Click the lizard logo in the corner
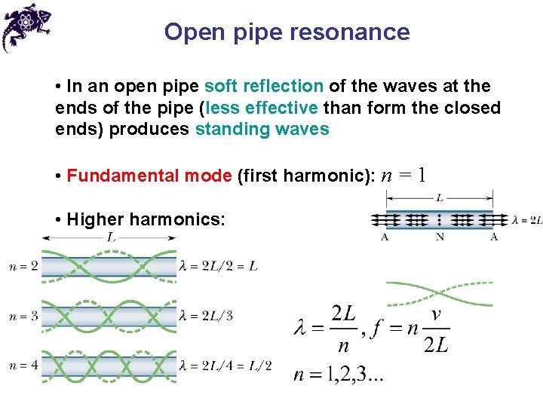coord(25,25)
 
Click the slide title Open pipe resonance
coord(287,32)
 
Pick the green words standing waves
coord(262,129)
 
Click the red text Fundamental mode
coord(149,176)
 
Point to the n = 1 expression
coord(404,176)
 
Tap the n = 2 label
coord(23,266)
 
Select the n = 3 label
coord(23,316)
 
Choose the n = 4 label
coord(23,366)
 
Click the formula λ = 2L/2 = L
coord(219,266)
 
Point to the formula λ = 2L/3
coord(206,316)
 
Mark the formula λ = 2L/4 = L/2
coord(225,366)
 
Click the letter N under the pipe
coord(440,237)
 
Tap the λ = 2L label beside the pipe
coord(526,220)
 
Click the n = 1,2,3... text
coord(339,375)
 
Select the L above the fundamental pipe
coord(440,198)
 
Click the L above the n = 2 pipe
coord(110,237)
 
